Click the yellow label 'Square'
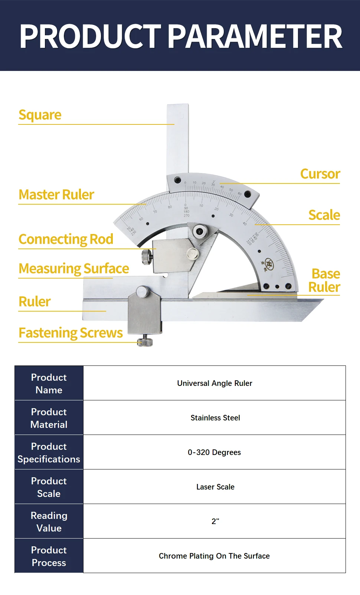tap(40, 115)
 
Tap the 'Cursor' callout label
tap(320, 174)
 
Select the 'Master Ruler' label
tap(56, 195)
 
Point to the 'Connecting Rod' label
tap(66, 239)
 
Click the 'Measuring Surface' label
tap(74, 269)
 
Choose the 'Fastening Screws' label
tap(71, 333)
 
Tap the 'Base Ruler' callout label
tap(325, 280)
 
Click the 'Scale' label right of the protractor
tap(324, 215)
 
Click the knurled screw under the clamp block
tap(145, 341)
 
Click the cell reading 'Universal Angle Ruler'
tap(215, 383)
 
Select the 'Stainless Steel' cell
tap(215, 418)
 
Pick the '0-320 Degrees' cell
tap(214, 452)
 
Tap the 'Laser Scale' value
tap(215, 487)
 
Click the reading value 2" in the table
tap(215, 521)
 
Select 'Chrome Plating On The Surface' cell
tap(214, 556)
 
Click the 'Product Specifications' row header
tap(49, 452)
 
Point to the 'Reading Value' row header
tap(49, 521)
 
